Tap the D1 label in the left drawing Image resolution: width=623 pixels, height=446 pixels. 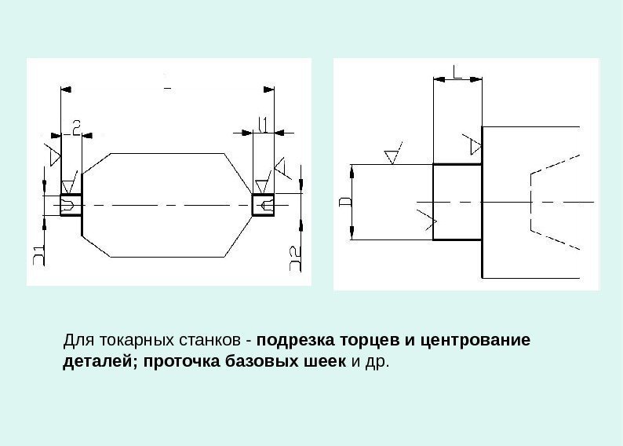[38, 256]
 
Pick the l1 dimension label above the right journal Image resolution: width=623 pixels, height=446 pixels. [264, 123]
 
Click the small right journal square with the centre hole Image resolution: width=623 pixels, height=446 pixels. [263, 205]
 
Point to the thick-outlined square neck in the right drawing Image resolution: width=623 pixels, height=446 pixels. [457, 202]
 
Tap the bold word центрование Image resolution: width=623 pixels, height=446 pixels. [475, 342]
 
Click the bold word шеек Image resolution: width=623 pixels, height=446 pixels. [326, 363]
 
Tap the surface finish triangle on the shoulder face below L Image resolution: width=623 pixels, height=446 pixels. [473, 145]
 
